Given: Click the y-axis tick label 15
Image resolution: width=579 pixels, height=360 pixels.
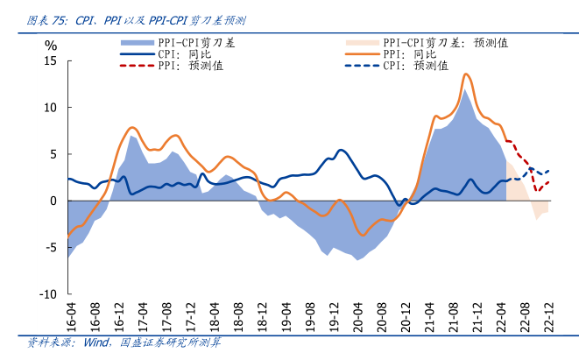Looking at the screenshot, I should [x=50, y=60].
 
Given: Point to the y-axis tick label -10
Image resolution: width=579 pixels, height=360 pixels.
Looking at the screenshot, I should [x=47, y=294].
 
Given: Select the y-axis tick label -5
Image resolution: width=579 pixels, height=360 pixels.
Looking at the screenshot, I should [x=51, y=248].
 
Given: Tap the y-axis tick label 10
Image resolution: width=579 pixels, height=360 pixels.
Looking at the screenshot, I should [x=50, y=108].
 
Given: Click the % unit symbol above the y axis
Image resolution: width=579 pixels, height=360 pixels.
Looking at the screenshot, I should [x=51, y=45].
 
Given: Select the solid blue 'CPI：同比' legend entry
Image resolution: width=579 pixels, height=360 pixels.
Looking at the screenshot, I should [x=183, y=53].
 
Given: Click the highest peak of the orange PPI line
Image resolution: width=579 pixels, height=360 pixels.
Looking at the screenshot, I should [x=465, y=74].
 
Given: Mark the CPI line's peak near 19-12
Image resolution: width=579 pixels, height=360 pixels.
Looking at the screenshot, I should [x=341, y=150].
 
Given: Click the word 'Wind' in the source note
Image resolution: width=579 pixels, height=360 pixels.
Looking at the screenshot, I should [x=95, y=343].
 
